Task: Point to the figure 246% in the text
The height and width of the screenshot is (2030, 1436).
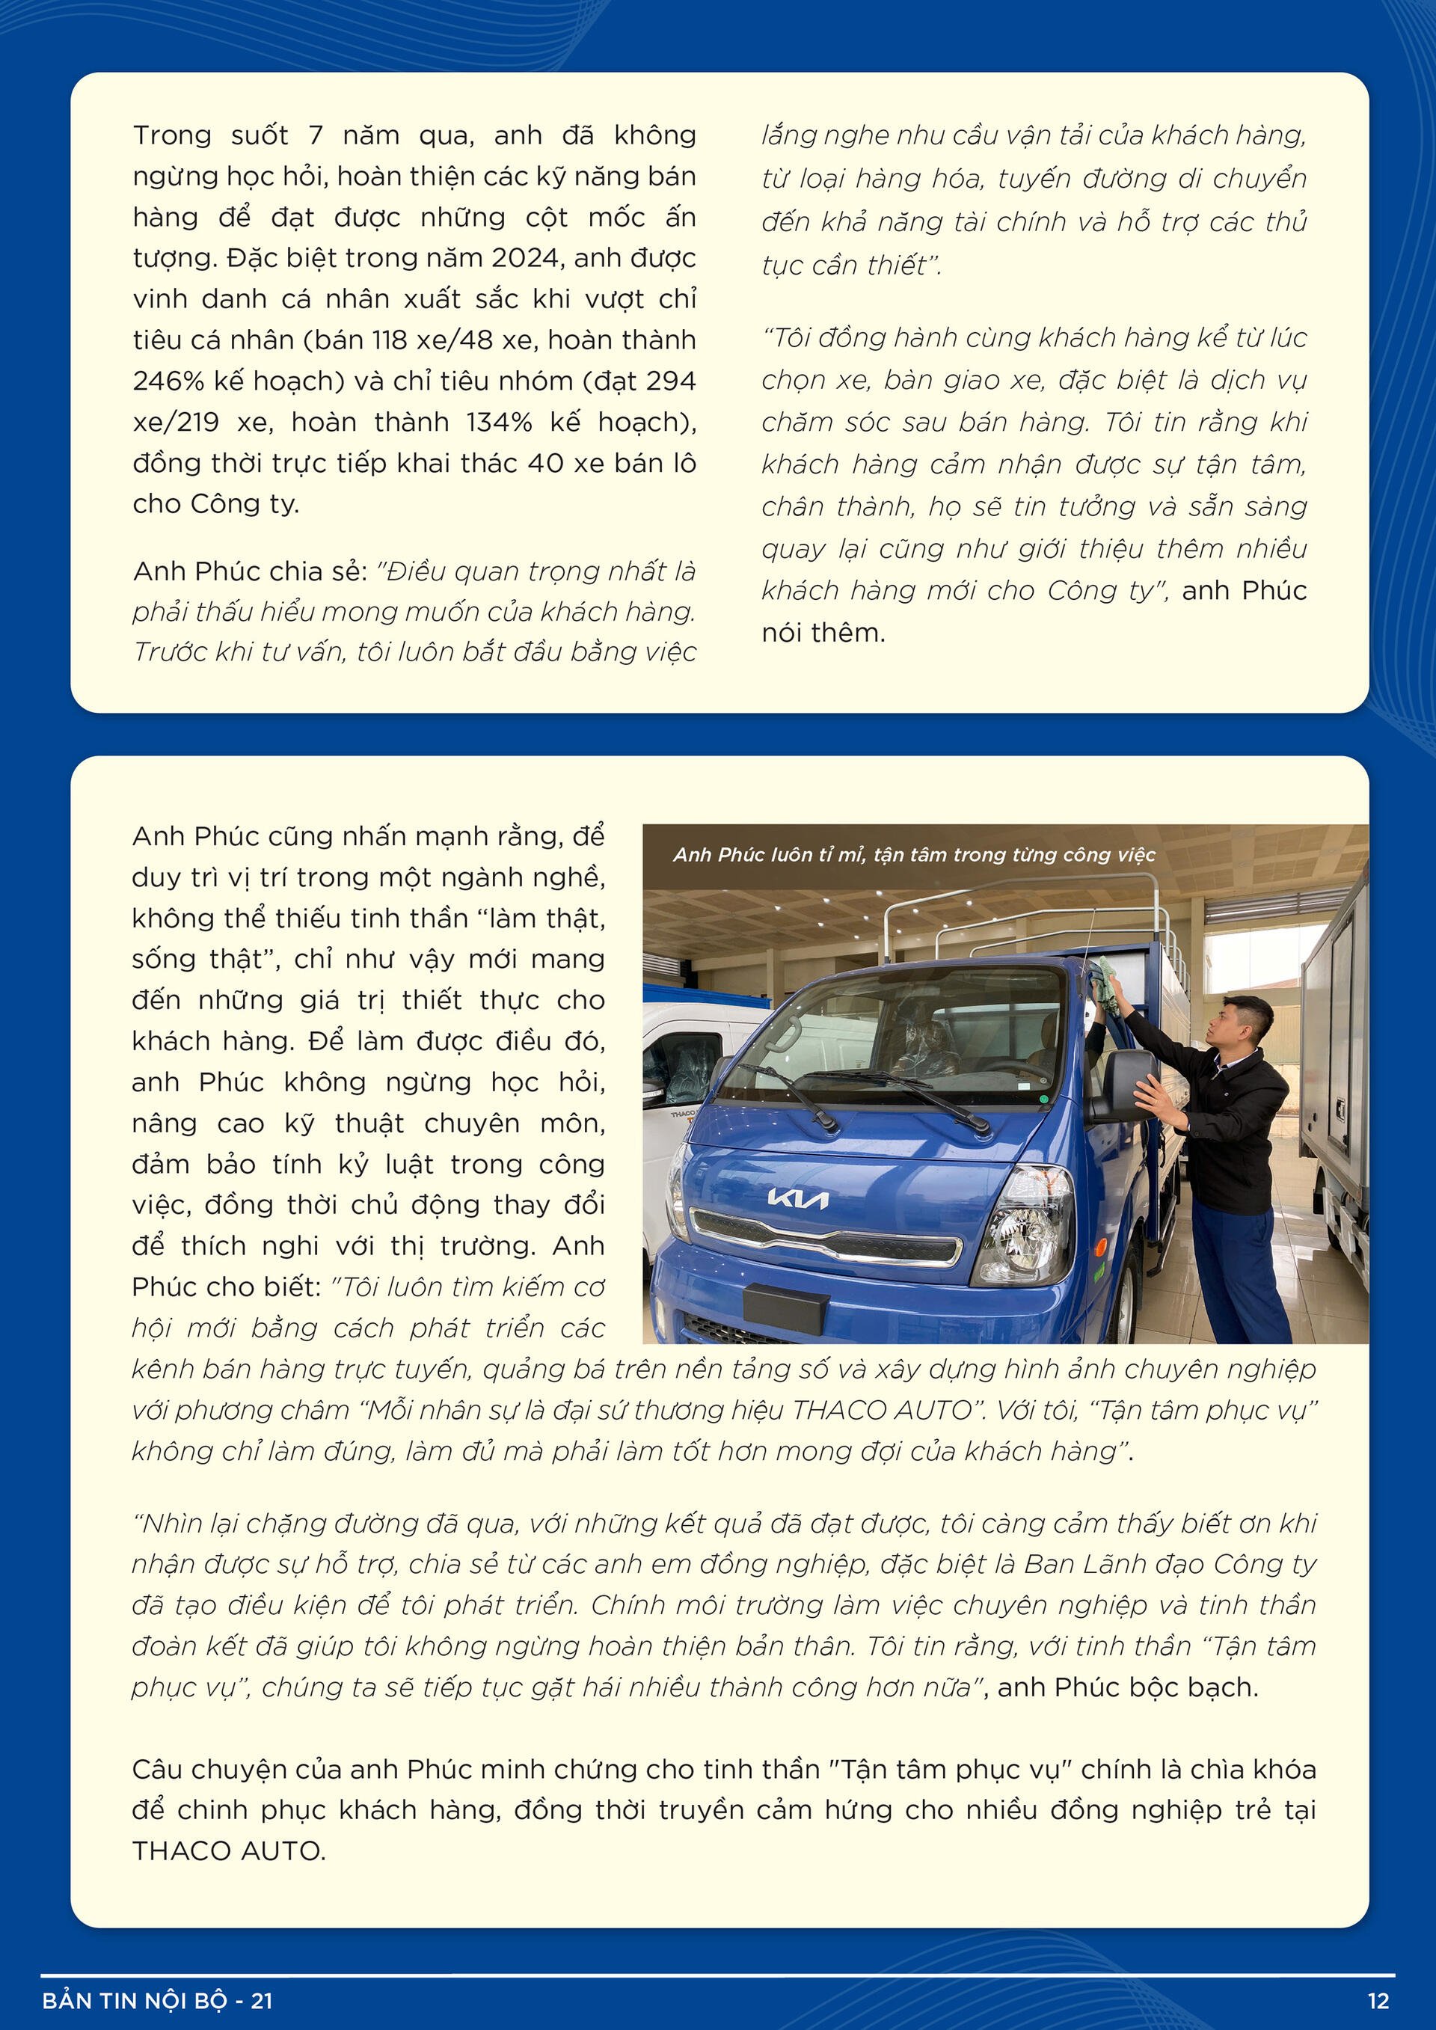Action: pyautogui.click(x=168, y=381)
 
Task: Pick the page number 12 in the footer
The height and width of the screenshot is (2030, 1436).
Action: pyautogui.click(x=1378, y=2001)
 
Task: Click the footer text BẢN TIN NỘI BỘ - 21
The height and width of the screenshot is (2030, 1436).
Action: pyautogui.click(x=157, y=2001)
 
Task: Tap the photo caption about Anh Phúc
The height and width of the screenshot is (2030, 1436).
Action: pyautogui.click(x=913, y=854)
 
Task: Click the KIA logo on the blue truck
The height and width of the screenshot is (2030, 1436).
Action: pyautogui.click(x=797, y=1199)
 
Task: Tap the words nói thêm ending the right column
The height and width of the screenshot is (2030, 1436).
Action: pyautogui.click(x=823, y=633)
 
